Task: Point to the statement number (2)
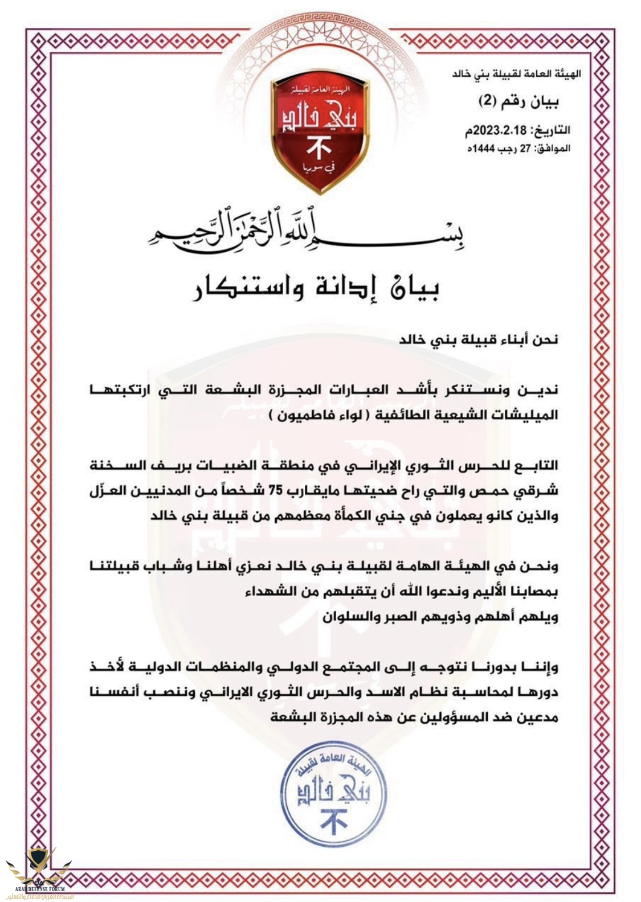click(x=488, y=102)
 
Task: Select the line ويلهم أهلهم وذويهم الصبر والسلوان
click(x=440, y=616)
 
